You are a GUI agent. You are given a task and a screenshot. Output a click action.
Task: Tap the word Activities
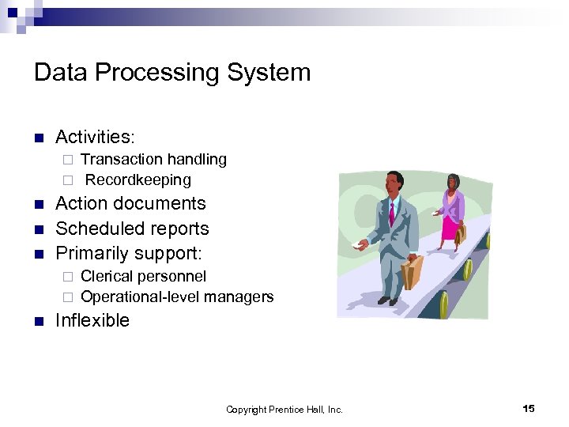(94, 137)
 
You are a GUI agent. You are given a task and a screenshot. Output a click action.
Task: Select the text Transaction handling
(153, 159)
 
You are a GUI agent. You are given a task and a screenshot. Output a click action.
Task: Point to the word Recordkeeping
(138, 179)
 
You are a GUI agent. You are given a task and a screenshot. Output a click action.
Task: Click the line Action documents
(130, 203)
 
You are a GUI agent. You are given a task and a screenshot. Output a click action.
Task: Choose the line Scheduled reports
(132, 229)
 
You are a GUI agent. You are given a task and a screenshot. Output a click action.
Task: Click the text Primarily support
(129, 254)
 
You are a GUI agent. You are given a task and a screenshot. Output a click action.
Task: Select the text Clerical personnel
(143, 276)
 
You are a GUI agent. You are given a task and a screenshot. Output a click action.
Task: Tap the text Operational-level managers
(177, 297)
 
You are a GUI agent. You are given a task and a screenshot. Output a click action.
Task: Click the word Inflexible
(92, 320)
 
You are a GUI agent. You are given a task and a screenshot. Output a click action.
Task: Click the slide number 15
(529, 408)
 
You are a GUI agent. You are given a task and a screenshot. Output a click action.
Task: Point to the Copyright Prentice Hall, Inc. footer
(284, 410)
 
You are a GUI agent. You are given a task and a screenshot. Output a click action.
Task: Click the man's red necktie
(392, 213)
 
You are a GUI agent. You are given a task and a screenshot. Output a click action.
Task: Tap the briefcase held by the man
(412, 271)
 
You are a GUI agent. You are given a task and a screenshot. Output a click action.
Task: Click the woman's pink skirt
(450, 229)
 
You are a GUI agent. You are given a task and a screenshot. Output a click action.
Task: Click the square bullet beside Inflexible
(39, 321)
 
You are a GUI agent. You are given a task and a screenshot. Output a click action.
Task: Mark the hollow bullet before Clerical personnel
(68, 277)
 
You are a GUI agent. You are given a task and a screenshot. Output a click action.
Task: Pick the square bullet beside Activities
(39, 138)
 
